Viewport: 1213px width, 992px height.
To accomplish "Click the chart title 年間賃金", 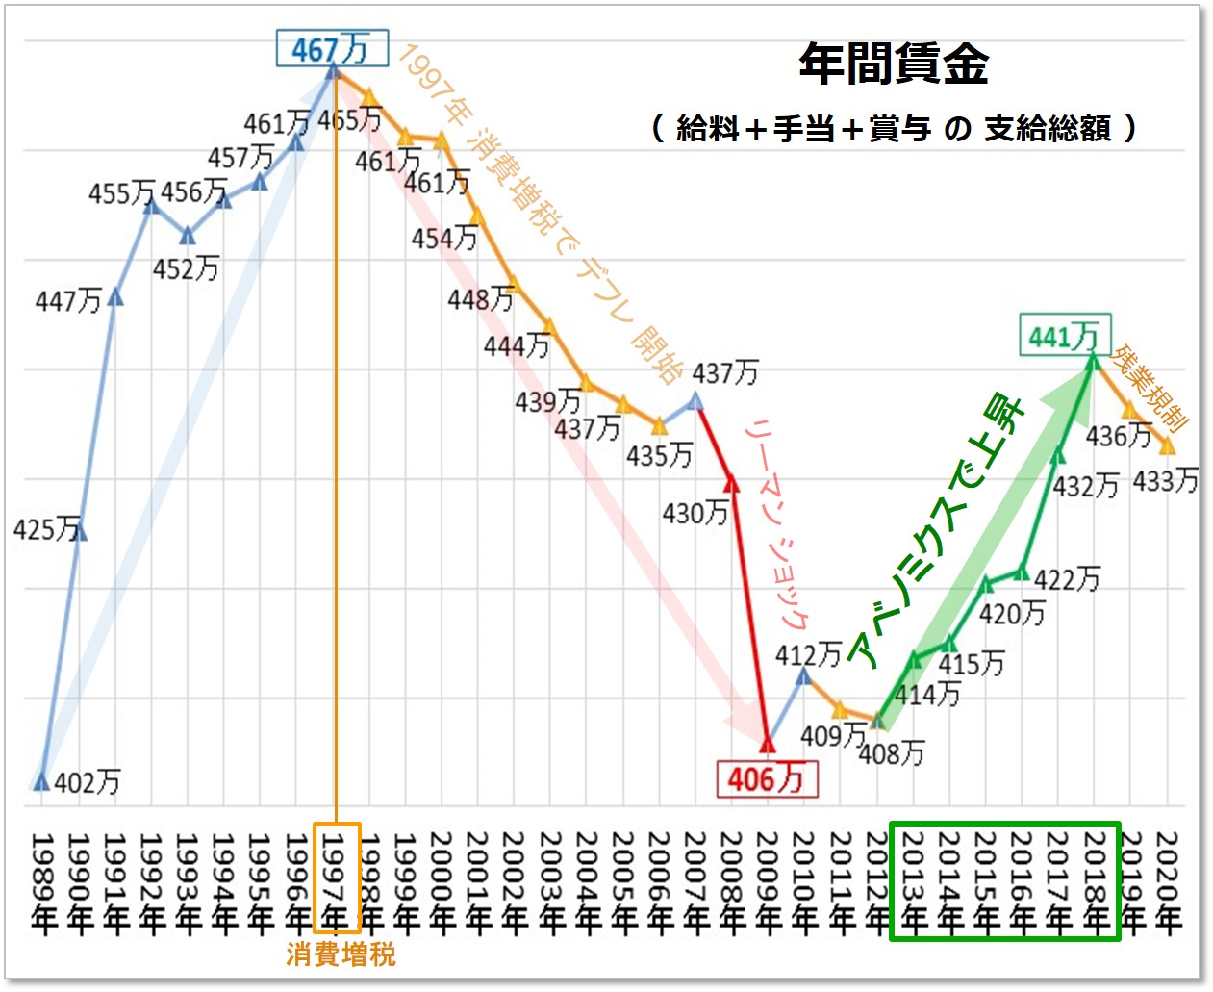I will click(x=894, y=64).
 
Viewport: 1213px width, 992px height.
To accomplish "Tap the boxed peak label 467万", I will click(x=332, y=48).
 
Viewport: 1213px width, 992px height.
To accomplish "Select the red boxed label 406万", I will click(x=767, y=778).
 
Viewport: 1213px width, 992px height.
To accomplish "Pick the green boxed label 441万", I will click(x=1064, y=336).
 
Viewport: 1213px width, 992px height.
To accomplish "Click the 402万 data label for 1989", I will click(x=88, y=782).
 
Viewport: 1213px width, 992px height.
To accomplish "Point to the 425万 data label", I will click(x=46, y=528).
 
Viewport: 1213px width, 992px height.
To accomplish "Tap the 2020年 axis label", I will click(x=1168, y=881).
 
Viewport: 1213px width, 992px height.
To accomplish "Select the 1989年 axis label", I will click(x=42, y=881).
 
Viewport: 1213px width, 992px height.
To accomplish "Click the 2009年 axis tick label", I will click(x=768, y=881).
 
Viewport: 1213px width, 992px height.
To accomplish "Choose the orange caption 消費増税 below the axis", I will click(x=341, y=954).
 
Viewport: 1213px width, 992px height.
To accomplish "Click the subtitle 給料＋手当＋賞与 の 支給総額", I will click(x=894, y=127).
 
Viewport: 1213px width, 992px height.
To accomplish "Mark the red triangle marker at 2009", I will click(x=767, y=744).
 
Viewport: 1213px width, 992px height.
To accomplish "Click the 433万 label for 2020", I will click(x=1165, y=480).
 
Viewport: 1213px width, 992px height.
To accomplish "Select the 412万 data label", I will click(x=808, y=655).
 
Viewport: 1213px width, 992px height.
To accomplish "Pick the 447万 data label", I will click(x=68, y=301).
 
